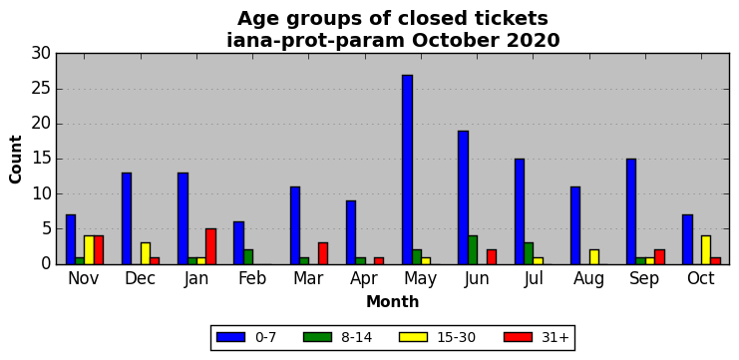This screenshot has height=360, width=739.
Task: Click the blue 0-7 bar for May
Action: (408, 170)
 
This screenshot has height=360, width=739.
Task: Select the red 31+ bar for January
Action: (210, 246)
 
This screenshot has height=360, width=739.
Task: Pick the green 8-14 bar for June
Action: (473, 250)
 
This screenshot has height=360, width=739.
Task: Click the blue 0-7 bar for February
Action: (239, 243)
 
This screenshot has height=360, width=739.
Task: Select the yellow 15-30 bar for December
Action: (146, 253)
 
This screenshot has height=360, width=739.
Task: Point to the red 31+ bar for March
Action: (323, 253)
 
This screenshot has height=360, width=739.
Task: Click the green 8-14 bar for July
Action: (529, 253)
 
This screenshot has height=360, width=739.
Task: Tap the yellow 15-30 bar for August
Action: (594, 257)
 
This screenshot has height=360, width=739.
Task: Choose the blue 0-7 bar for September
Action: (631, 211)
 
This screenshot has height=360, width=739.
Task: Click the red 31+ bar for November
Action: (99, 250)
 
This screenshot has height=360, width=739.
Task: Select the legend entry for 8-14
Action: (337, 337)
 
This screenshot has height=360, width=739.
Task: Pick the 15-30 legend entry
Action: (437, 337)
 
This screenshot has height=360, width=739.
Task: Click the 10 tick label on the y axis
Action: (41, 194)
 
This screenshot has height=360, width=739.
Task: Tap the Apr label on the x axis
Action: (364, 279)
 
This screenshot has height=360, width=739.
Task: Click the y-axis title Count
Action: (16, 160)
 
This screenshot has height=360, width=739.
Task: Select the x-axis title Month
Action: (393, 301)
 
